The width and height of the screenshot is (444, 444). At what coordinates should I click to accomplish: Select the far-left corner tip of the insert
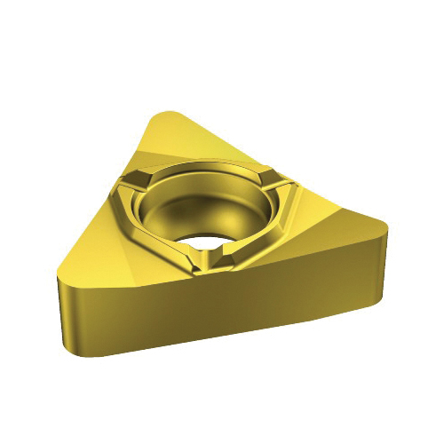57,281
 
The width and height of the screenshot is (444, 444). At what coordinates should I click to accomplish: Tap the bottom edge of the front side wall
222,342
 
